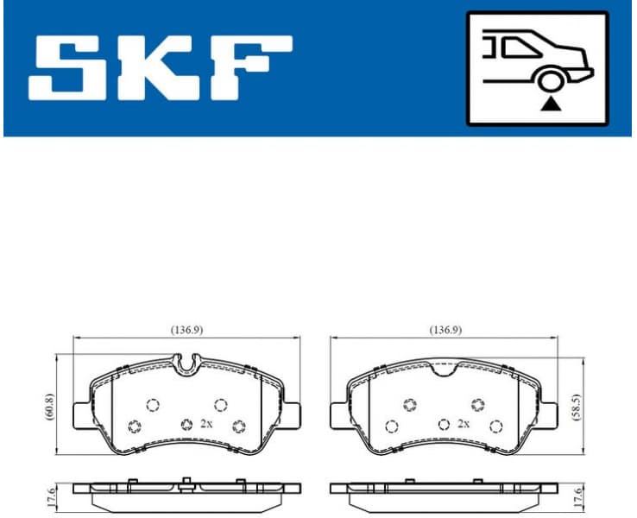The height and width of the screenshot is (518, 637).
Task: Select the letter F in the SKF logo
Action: click(251, 66)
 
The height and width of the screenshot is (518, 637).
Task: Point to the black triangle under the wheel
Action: click(549, 105)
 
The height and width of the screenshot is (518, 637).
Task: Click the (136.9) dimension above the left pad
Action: click(187, 330)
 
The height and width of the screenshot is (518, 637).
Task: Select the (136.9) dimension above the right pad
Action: click(445, 330)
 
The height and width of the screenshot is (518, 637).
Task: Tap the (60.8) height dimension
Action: click(49, 405)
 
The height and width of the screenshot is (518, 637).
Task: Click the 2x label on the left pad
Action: click(205, 424)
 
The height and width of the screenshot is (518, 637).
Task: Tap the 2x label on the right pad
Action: click(464, 424)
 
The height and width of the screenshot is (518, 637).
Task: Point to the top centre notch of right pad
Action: click(445, 370)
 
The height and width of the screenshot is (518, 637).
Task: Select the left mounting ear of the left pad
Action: click(82, 414)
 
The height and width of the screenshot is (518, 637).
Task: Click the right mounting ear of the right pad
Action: click(550, 414)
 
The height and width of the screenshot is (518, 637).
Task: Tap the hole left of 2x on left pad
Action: click(186, 424)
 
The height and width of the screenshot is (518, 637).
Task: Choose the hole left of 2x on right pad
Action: click(444, 424)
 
